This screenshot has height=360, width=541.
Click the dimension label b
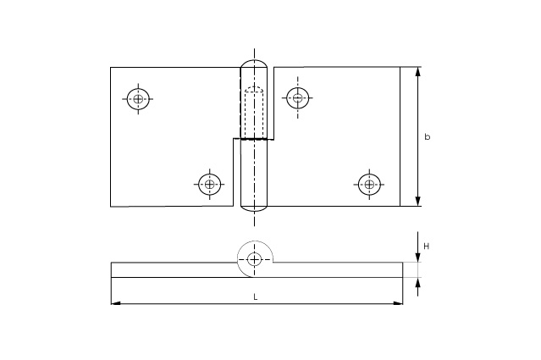427,136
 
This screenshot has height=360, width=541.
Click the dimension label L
256,297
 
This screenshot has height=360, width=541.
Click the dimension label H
427,246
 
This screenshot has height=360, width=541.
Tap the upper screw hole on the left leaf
138,99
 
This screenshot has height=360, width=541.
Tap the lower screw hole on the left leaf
209,182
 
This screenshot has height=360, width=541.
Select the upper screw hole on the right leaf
296,98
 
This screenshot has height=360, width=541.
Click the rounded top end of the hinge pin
254,64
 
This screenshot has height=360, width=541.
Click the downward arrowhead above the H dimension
417,258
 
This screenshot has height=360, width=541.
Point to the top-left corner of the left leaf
111,68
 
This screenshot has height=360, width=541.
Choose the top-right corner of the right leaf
400,67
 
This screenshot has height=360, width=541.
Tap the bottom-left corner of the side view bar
111,277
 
